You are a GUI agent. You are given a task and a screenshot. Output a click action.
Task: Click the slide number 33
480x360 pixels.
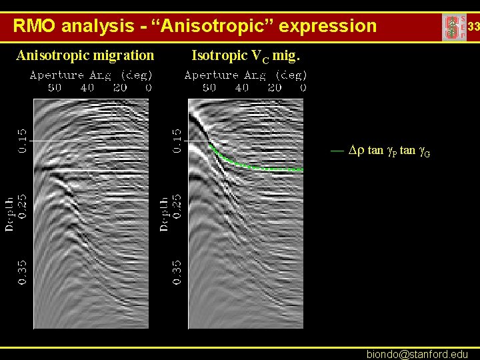[x=473, y=27]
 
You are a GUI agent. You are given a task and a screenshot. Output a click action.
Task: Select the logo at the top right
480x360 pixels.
[x=454, y=27]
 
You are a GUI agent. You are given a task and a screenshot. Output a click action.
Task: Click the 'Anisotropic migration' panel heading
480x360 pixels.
[x=85, y=55]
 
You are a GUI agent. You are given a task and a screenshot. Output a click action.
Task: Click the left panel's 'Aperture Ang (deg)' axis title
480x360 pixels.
[x=91, y=75]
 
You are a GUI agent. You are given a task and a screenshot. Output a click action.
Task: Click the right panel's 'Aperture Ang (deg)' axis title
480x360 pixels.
[x=246, y=75]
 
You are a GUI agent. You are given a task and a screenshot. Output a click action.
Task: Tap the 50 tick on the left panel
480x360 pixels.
[x=54, y=87]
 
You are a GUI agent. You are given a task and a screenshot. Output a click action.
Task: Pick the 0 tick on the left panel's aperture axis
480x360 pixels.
[x=149, y=87]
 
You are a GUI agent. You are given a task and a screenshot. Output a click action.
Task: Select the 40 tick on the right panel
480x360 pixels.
[x=241, y=87]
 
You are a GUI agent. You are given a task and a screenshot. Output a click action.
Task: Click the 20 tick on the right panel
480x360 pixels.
[x=274, y=87]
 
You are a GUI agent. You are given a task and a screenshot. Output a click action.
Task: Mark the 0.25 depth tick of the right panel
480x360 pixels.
[x=177, y=207]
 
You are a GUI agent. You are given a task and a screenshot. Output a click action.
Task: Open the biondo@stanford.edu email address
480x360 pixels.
[x=417, y=354]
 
